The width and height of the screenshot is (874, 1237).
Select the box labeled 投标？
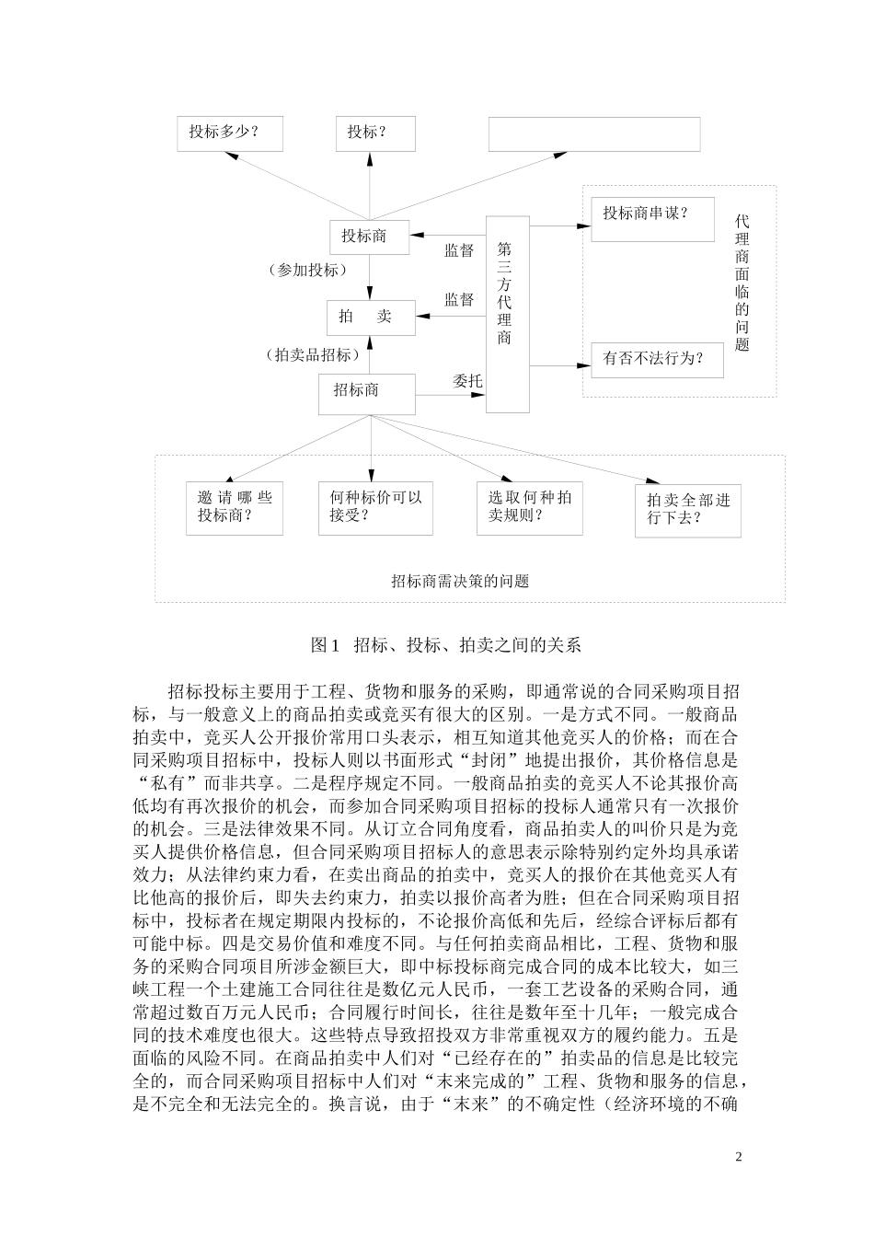(374, 133)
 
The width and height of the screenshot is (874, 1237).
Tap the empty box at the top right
(593, 133)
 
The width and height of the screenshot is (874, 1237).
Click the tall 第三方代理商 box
(507, 314)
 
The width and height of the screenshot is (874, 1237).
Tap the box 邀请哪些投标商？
(234, 508)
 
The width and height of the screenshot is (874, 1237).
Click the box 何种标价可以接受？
(374, 508)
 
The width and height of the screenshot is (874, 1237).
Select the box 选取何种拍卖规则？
(529, 508)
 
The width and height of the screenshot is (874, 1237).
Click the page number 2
(738, 1157)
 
